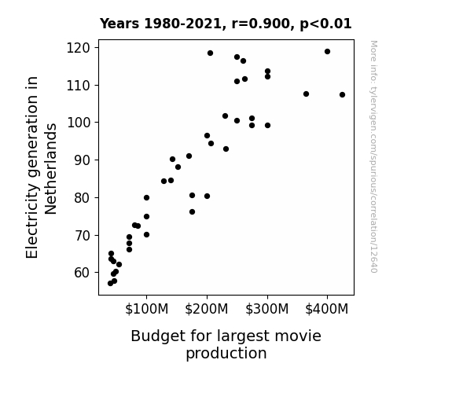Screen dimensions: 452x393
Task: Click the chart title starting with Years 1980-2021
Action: coord(226,24)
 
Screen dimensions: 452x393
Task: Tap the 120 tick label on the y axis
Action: coord(79,48)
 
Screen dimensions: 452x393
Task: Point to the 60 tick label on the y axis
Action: coord(83,273)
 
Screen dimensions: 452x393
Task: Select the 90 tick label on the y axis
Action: coord(83,160)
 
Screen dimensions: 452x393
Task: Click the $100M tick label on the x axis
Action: coord(146,309)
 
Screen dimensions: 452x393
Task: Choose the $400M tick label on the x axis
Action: coord(327,309)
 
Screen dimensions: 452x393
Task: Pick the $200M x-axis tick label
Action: coord(207,309)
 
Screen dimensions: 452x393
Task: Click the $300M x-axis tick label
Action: coord(267,309)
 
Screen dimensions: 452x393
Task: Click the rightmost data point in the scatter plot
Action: coord(342,94)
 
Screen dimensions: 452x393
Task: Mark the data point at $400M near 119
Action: coord(327,52)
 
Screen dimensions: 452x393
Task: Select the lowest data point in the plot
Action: coord(110,284)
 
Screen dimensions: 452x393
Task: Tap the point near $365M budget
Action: coord(306,94)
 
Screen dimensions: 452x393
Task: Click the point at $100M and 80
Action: coord(146,197)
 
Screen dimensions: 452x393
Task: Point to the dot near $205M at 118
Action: coord(210,53)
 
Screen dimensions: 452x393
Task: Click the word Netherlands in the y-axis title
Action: coord(51,169)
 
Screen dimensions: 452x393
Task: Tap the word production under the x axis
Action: coord(226,354)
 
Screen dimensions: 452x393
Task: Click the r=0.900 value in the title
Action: coord(261,24)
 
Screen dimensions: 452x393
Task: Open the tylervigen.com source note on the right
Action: coord(374,156)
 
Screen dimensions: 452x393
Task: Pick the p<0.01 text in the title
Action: coord(325,24)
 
